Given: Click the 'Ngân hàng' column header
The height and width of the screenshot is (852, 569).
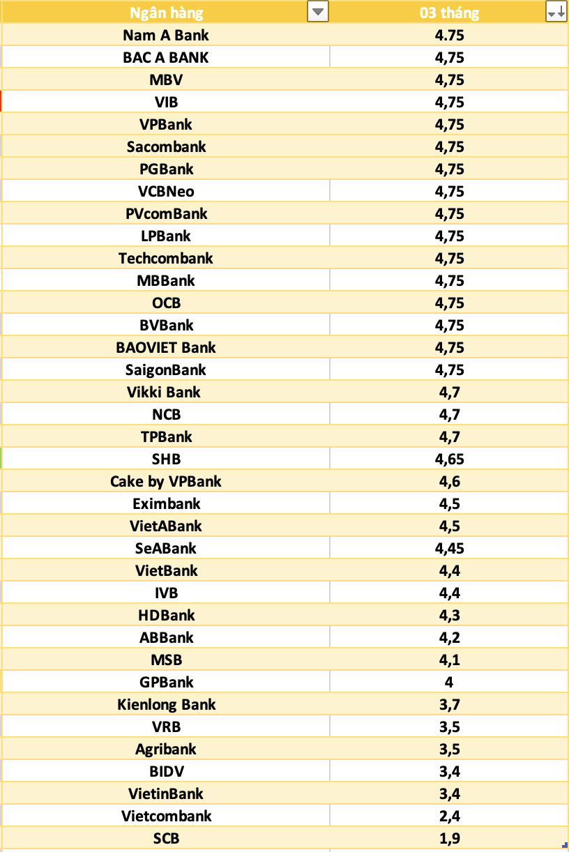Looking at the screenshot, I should (166, 13).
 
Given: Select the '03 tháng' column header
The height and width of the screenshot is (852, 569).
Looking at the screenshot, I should (449, 13).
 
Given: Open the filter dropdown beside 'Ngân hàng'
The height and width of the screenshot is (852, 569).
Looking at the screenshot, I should (318, 12).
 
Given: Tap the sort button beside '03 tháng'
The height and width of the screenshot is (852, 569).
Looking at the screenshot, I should (556, 12).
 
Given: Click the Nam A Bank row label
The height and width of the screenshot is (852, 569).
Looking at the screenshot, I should (166, 35).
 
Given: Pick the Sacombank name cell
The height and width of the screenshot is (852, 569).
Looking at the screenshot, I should (166, 146).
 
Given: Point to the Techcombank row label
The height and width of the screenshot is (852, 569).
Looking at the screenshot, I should (166, 258).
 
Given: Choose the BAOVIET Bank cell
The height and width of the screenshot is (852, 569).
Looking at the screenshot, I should (166, 347).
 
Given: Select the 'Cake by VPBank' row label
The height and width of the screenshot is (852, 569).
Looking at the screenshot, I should (166, 481).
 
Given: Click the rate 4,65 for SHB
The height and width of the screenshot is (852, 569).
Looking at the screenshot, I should (449, 459).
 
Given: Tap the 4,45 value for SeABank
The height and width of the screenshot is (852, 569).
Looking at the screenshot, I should (449, 548).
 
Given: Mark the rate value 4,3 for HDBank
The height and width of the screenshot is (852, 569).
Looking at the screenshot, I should (449, 615).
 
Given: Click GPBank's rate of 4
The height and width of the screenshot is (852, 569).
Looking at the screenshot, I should (449, 682).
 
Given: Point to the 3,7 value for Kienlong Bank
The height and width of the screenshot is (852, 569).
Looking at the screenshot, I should (449, 704).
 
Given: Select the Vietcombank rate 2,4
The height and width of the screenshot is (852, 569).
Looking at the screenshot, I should (449, 816).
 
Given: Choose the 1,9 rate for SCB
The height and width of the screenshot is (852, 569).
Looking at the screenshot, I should (449, 838).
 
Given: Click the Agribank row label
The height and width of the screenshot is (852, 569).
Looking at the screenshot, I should (166, 749).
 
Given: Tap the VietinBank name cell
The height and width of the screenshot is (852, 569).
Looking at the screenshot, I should (166, 793).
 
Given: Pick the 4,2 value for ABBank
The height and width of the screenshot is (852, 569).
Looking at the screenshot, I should (449, 637).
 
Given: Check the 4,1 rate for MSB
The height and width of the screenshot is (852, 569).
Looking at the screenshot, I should (449, 660).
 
